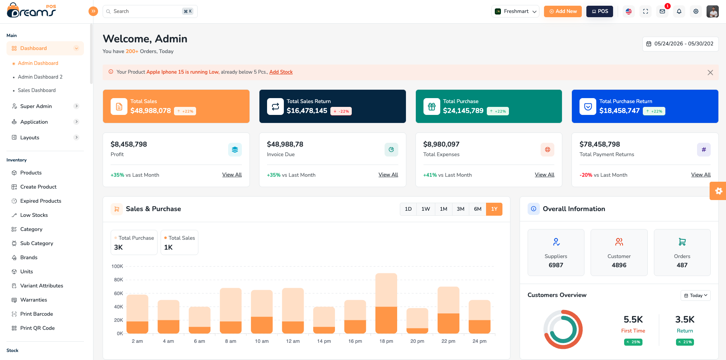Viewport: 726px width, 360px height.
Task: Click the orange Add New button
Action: [x=563, y=11]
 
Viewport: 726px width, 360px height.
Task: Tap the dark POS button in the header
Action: [x=600, y=11]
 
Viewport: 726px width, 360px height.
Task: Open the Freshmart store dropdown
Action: [x=515, y=11]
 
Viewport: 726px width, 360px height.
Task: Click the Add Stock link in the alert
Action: [x=281, y=72]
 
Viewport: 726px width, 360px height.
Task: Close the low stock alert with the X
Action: [x=710, y=73]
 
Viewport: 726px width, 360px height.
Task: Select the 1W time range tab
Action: [x=426, y=209]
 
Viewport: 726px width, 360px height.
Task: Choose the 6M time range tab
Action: [x=478, y=209]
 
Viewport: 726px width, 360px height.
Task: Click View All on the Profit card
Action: [x=232, y=175]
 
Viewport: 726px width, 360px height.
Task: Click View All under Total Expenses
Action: [x=544, y=175]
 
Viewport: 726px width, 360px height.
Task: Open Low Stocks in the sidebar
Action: [x=34, y=215]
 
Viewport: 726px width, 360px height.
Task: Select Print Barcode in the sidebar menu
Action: [x=37, y=314]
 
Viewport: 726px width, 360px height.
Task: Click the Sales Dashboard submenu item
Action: [x=37, y=90]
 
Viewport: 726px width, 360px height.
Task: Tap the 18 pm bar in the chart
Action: [x=386, y=303]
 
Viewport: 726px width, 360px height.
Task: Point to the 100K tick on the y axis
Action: [x=117, y=266]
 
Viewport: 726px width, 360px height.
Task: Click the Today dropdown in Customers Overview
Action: [x=695, y=295]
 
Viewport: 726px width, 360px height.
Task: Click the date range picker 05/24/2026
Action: [x=680, y=44]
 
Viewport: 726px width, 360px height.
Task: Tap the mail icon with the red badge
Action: [x=662, y=11]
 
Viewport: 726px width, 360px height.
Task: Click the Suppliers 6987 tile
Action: [x=556, y=252]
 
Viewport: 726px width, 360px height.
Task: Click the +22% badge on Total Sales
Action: [x=185, y=111]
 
